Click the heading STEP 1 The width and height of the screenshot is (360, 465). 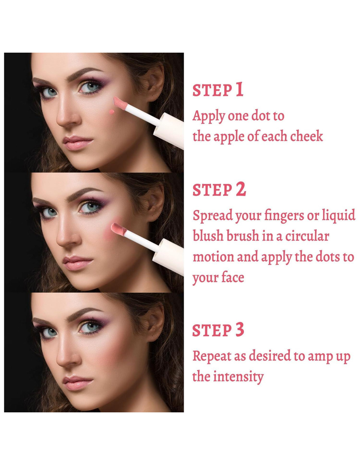(x=218, y=90)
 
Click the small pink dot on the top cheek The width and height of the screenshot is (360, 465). (x=111, y=112)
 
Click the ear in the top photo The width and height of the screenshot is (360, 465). (x=154, y=82)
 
